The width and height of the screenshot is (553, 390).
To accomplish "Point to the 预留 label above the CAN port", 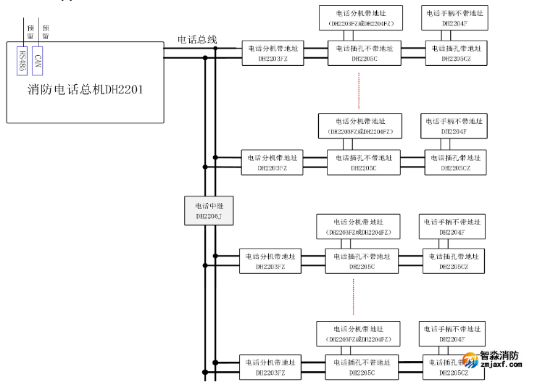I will [45, 31].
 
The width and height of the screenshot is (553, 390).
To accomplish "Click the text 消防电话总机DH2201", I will [84, 90].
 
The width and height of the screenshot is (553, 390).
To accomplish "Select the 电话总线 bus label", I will [197, 39].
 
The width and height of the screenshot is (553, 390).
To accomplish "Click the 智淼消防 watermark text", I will [500, 356].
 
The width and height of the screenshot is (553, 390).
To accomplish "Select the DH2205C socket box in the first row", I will [364, 53].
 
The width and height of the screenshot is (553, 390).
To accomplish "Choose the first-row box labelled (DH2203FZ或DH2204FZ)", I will [360, 18].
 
